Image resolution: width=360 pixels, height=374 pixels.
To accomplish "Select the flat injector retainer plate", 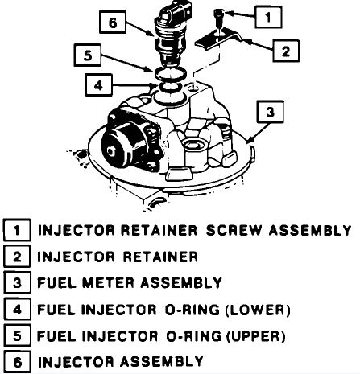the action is pos(217,39).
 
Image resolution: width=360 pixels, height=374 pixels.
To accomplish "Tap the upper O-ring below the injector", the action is pos(170,73).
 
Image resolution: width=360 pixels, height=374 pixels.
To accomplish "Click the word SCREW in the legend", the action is pos(234,230).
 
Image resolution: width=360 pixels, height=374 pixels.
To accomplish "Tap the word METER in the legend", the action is pos(108,283).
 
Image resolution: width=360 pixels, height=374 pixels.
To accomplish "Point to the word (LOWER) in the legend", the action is pos(258,310).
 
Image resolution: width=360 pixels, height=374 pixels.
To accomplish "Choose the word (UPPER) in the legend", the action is pos(255,336).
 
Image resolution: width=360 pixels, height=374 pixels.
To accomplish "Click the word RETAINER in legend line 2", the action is pos(160,257).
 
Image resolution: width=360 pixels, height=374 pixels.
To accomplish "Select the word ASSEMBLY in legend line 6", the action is pos(161,361).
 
